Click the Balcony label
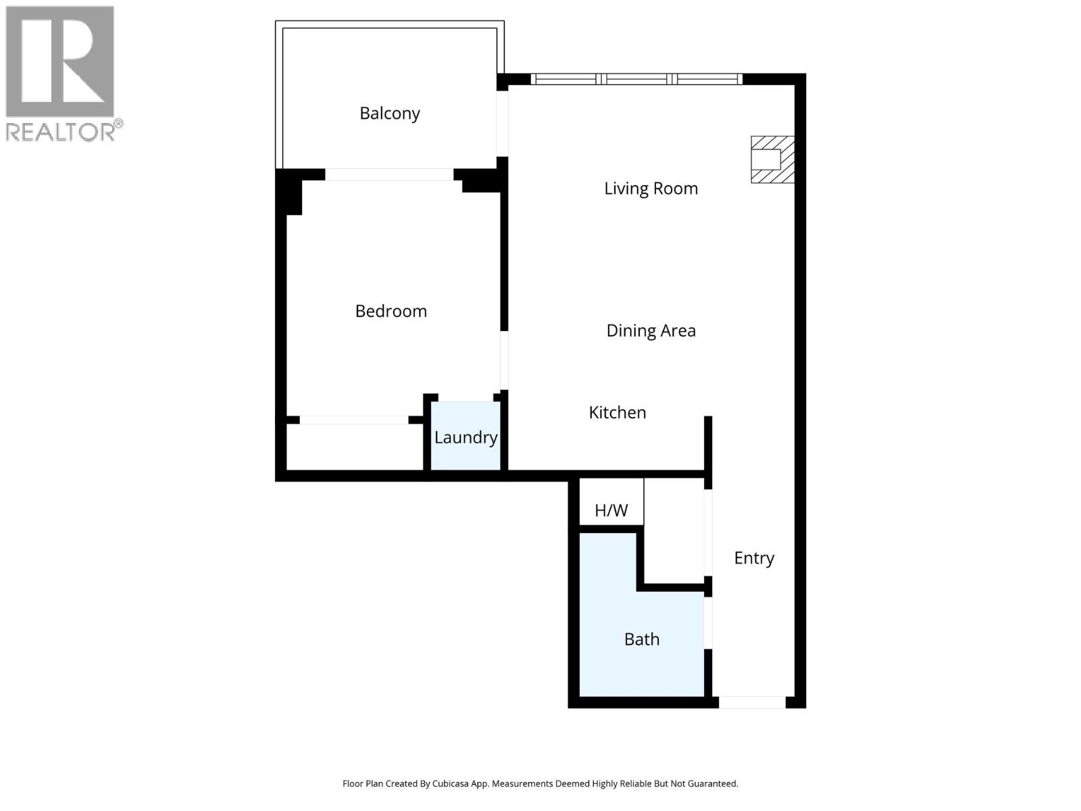(x=390, y=114)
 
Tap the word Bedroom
(x=391, y=311)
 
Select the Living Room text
(x=651, y=189)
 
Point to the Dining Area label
(x=651, y=330)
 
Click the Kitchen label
(x=617, y=412)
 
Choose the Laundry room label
(x=466, y=437)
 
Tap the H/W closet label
(x=611, y=510)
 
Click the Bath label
(x=641, y=639)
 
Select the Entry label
(x=754, y=558)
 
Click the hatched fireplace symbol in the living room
(x=772, y=159)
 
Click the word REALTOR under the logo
(x=61, y=131)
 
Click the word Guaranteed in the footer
(x=712, y=784)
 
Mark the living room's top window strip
(x=636, y=79)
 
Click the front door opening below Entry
(x=751, y=702)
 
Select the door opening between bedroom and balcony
(x=389, y=174)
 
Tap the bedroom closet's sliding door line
(x=353, y=420)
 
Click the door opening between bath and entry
(x=708, y=622)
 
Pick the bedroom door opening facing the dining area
(x=504, y=360)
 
